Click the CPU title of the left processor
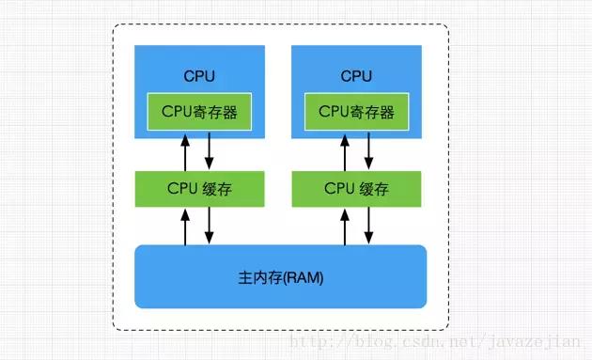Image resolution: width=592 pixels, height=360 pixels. click(199, 75)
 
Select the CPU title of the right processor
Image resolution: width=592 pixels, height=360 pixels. click(355, 75)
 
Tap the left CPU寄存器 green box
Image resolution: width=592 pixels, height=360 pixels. click(199, 112)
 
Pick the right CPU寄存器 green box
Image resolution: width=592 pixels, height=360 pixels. click(355, 112)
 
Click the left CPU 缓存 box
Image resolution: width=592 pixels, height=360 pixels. click(199, 189)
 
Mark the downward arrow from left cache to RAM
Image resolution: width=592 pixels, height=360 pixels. click(210, 227)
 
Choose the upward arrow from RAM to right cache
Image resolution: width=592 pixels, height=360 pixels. click(344, 227)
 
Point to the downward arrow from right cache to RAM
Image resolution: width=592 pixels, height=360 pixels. click(367, 227)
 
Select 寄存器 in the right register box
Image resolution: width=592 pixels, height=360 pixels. click(372, 112)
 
